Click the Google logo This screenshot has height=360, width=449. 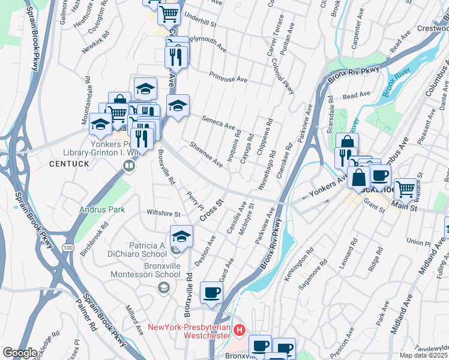[20, 353]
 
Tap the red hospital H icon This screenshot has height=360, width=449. [240, 329]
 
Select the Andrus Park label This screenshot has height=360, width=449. [103, 210]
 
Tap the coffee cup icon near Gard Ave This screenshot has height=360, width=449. [211, 292]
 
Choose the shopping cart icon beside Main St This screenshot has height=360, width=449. [406, 188]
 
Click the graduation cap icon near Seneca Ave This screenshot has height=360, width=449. [177, 106]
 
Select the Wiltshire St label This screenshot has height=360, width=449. [164, 214]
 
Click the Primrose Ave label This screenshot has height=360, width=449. [228, 79]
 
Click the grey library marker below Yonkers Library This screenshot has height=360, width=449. [128, 166]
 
